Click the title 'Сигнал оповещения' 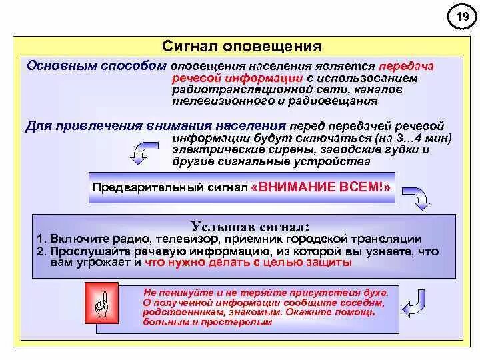tap(242, 47)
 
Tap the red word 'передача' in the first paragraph tap(406, 67)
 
